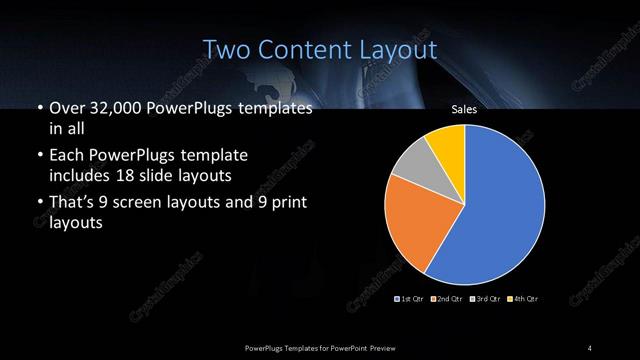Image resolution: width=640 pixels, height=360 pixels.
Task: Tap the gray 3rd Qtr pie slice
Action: click(410, 165)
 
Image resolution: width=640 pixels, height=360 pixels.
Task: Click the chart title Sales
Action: click(463, 110)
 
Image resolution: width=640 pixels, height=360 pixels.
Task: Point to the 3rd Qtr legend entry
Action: click(487, 299)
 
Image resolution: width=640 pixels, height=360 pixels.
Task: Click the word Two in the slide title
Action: click(226, 49)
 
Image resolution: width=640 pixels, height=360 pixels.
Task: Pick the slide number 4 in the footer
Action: click(591, 347)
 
